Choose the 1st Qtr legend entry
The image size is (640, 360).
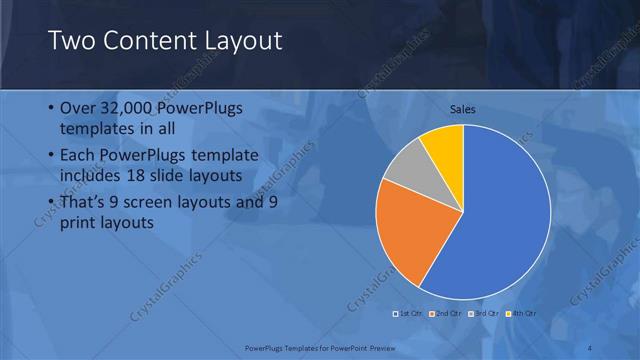click(x=408, y=314)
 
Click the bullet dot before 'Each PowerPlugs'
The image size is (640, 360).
click(x=51, y=156)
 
